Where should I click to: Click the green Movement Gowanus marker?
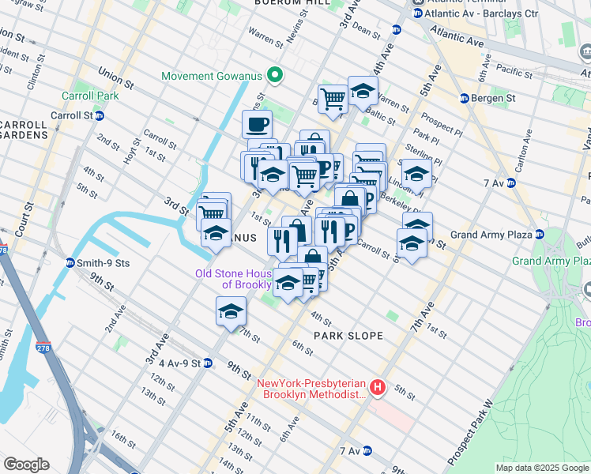click(274, 77)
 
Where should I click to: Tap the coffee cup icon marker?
click(257, 124)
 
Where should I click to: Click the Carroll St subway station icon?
click(100, 115)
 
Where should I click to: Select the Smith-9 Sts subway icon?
click(70, 262)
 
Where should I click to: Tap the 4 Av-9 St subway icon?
click(207, 363)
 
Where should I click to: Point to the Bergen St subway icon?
click(465, 99)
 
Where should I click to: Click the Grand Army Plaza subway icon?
click(540, 235)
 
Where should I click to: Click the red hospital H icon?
click(378, 386)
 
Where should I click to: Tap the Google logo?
click(26, 465)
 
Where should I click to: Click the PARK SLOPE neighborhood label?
click(348, 336)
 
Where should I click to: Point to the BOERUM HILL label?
click(282, 4)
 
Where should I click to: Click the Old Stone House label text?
click(234, 280)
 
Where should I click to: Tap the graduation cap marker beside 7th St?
click(230, 310)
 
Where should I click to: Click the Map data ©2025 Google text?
click(541, 468)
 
